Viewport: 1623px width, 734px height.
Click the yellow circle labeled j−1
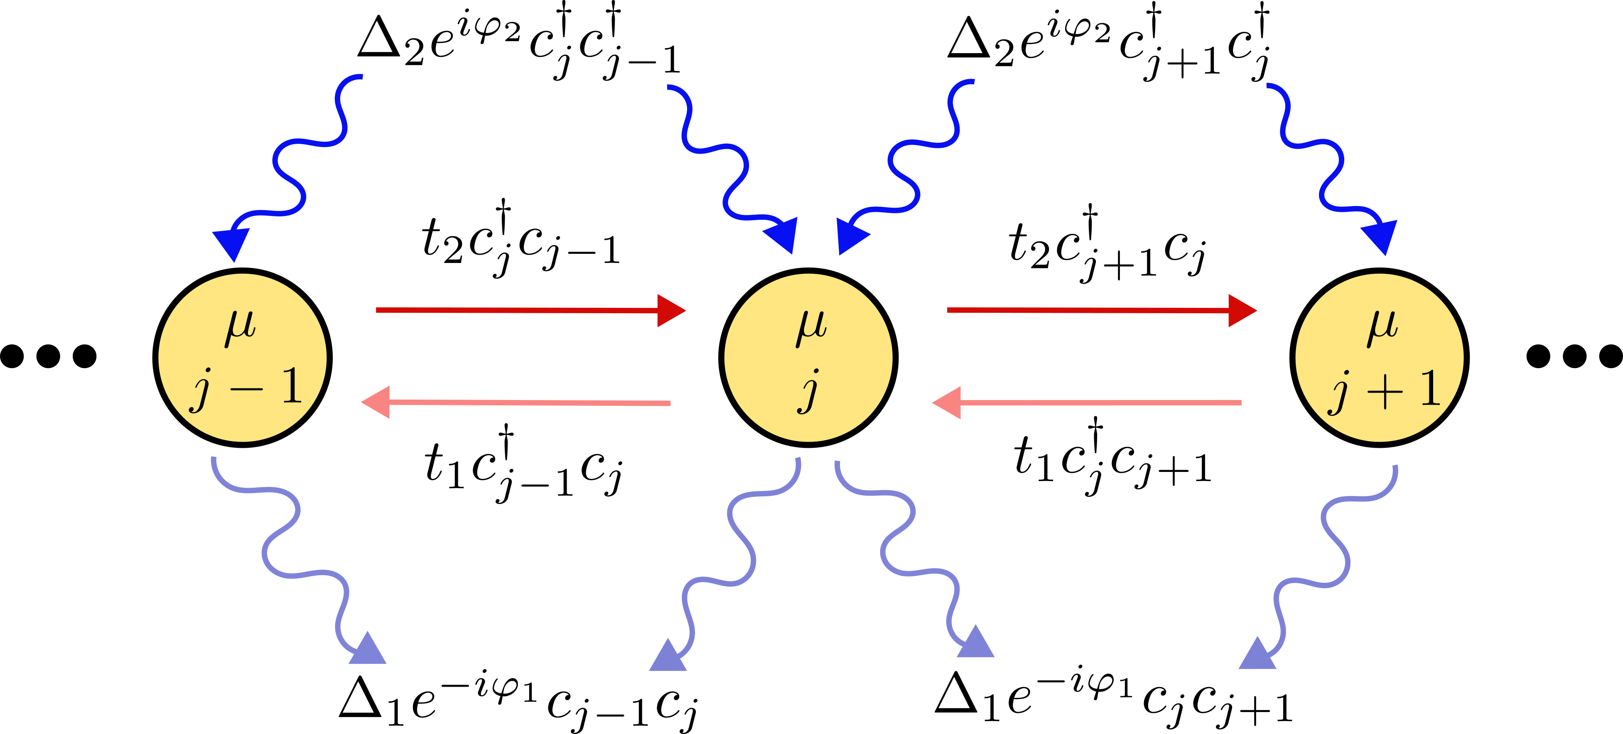coord(243,357)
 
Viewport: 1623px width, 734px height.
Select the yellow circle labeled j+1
coord(1380,357)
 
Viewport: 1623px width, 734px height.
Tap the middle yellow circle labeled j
coord(808,357)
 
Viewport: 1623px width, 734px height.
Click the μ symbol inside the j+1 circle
coord(1381,328)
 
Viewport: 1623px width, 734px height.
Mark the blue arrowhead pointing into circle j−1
coord(232,243)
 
